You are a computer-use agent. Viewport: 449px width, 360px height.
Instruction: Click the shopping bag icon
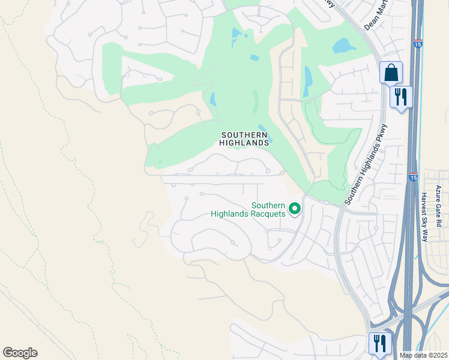coord(391,73)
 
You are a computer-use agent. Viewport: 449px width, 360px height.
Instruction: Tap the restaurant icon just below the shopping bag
coord(401,97)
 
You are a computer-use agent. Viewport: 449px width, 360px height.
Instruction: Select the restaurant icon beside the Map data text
coord(380,343)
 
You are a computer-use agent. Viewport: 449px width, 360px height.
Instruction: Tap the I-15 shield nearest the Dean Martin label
coord(417,44)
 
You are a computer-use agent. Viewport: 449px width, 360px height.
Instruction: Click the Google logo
coord(20,353)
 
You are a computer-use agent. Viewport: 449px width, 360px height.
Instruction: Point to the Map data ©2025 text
coord(423,355)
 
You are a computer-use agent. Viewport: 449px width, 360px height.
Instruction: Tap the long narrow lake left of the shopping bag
coord(307,81)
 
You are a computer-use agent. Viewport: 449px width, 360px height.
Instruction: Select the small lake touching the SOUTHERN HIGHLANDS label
coord(268,137)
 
